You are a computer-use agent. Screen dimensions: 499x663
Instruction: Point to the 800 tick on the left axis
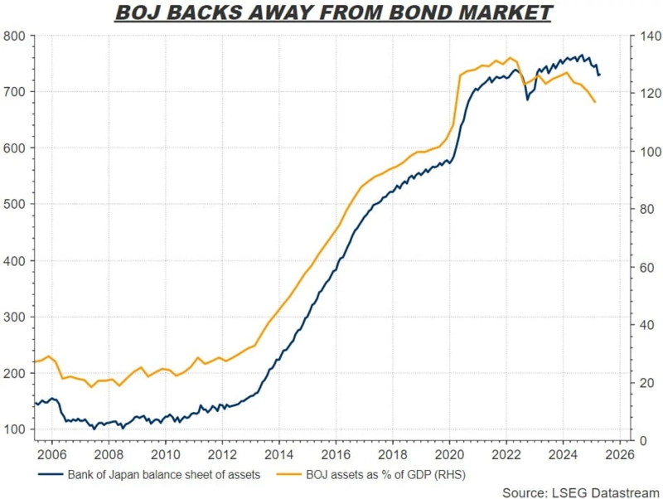pos(16,36)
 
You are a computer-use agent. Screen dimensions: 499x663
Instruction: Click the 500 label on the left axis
pos(16,205)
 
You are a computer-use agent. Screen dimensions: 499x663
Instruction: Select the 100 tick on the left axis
pos(16,429)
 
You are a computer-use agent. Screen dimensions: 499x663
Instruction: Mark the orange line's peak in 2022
pos(511,58)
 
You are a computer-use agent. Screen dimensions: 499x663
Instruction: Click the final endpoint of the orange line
pos(595,102)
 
